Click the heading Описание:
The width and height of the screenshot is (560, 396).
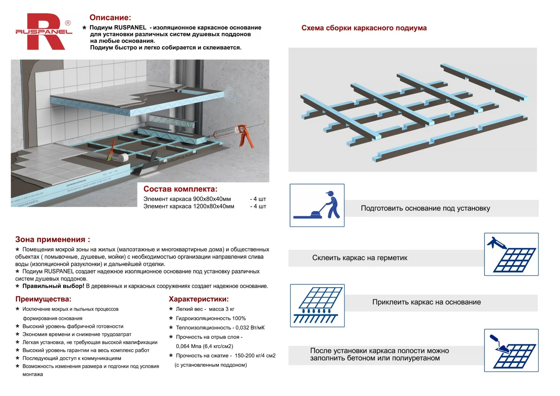click(110, 18)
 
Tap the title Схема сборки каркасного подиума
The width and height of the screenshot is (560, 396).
click(364, 28)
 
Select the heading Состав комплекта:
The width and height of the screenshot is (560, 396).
click(180, 189)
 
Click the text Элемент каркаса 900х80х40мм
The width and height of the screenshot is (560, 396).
click(187, 199)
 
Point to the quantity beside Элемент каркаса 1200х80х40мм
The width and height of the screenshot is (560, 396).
click(258, 206)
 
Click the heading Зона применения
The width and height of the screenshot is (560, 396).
click(52, 239)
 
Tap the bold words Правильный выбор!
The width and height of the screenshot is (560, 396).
click(53, 286)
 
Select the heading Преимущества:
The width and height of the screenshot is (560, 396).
click(43, 299)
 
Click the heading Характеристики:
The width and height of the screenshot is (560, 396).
click(199, 299)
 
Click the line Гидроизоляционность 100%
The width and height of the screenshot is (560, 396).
click(211, 318)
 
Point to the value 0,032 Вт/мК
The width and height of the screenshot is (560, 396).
click(250, 328)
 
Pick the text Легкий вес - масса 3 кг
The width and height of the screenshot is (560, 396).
click(205, 309)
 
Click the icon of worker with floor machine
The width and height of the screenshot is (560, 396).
click(317, 205)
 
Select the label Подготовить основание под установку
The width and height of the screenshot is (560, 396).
click(425, 208)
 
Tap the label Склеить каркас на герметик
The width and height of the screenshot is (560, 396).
click(360, 258)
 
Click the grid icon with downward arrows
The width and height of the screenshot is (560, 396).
click(317, 306)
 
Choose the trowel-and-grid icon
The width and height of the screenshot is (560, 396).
click(511, 350)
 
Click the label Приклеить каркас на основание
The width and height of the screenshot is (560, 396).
click(426, 302)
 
